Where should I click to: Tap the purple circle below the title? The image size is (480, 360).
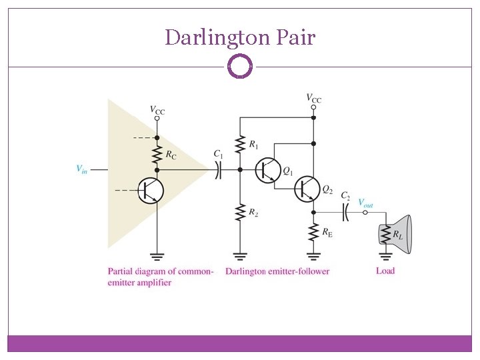click(x=240, y=67)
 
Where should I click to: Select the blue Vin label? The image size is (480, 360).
click(x=81, y=169)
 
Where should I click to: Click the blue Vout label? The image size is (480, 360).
click(x=365, y=203)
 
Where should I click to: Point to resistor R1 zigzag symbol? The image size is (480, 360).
click(x=240, y=145)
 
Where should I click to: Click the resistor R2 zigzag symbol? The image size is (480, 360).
click(x=240, y=213)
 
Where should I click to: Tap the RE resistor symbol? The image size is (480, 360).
click(x=313, y=233)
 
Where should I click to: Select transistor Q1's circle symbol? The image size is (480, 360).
click(x=268, y=170)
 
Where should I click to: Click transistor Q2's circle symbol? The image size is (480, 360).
click(x=307, y=189)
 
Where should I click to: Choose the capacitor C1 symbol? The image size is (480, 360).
click(x=217, y=170)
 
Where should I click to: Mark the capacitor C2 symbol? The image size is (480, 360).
click(x=345, y=213)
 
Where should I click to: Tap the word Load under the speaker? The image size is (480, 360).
click(x=385, y=271)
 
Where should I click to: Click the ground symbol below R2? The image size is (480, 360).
click(x=240, y=255)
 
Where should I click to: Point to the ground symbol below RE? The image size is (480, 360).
click(x=313, y=255)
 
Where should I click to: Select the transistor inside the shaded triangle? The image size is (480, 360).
click(x=150, y=191)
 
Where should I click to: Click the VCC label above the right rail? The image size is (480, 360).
click(x=313, y=99)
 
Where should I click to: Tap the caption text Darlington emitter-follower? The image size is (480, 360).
click(x=277, y=271)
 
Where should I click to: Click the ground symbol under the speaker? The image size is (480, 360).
click(x=385, y=255)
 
